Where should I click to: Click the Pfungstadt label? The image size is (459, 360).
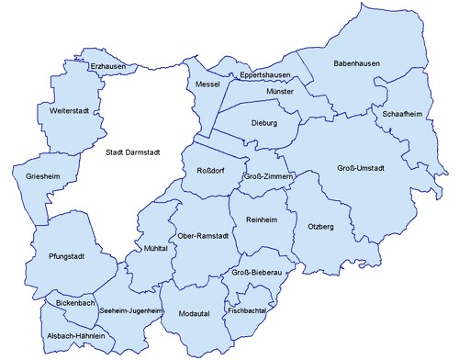[x=56, y=258]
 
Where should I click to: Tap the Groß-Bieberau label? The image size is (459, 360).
[x=254, y=273]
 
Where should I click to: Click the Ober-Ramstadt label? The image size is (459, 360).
[x=203, y=235]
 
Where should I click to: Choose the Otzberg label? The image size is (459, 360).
[x=321, y=225]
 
